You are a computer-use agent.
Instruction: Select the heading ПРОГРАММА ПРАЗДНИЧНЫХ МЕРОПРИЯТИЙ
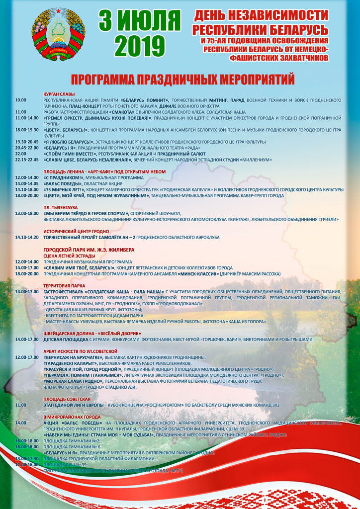point(182,80)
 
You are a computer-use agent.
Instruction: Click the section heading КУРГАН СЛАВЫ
point(59,94)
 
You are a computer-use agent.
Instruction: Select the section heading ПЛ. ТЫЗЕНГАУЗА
point(61,207)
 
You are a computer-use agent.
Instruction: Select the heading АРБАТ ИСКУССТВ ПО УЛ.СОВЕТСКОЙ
point(77,351)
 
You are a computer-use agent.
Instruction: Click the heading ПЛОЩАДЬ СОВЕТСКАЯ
point(67,399)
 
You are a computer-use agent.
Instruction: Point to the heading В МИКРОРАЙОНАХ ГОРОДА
point(72,417)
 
